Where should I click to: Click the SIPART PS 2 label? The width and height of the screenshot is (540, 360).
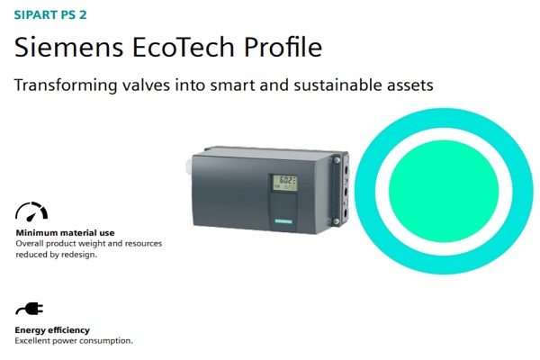(x=50, y=14)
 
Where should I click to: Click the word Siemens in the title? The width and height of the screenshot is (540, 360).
(x=69, y=47)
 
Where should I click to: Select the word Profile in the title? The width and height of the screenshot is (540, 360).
(x=283, y=46)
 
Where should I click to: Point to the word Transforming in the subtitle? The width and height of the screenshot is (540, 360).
(x=66, y=85)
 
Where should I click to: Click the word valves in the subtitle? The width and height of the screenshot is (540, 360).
(x=146, y=85)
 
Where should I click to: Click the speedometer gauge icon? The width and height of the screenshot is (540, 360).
(x=31, y=211)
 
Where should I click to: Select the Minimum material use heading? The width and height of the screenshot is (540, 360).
(x=65, y=233)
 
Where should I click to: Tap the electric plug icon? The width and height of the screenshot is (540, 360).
(x=30, y=309)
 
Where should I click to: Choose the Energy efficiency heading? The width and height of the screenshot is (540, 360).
(x=52, y=330)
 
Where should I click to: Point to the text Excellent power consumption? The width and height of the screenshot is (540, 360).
(x=74, y=341)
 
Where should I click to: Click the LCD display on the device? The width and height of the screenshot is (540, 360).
(x=284, y=183)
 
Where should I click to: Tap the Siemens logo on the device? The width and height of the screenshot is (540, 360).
(x=283, y=221)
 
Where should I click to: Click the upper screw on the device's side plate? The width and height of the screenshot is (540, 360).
(x=337, y=160)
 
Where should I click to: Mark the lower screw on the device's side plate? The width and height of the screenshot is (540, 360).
(x=337, y=221)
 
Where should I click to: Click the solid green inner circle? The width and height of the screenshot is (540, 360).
(x=444, y=191)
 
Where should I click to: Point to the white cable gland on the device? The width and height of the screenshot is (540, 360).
(x=189, y=166)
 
